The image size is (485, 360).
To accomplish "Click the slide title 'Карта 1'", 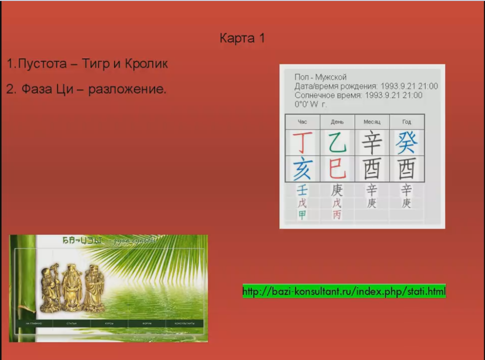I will (x=242, y=38).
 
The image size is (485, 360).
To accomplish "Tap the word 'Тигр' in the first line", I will (x=98, y=64).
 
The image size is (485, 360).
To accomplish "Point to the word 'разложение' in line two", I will (x=127, y=90).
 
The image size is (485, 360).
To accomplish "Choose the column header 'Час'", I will (x=302, y=122).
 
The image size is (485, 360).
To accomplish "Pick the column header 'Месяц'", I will (x=372, y=122).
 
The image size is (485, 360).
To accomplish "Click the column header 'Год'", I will (x=407, y=122).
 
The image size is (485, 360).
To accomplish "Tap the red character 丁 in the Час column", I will (x=302, y=143).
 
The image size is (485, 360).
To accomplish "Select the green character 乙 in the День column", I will (x=337, y=143).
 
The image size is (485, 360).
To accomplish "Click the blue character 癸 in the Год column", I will (x=407, y=143).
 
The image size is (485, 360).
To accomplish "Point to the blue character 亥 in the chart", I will (x=302, y=169).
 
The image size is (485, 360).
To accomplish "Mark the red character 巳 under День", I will (x=337, y=169).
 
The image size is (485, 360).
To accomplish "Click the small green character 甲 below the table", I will (x=302, y=215).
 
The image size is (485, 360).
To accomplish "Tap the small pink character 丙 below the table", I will (x=337, y=215).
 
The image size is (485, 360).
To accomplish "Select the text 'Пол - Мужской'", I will (x=320, y=77).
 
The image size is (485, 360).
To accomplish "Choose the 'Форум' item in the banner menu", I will (x=147, y=324).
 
